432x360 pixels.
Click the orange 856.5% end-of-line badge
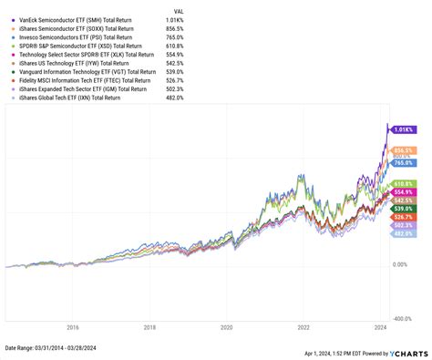pyautogui.click(x=404, y=150)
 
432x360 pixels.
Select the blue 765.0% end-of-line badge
pyautogui.click(x=404, y=162)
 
